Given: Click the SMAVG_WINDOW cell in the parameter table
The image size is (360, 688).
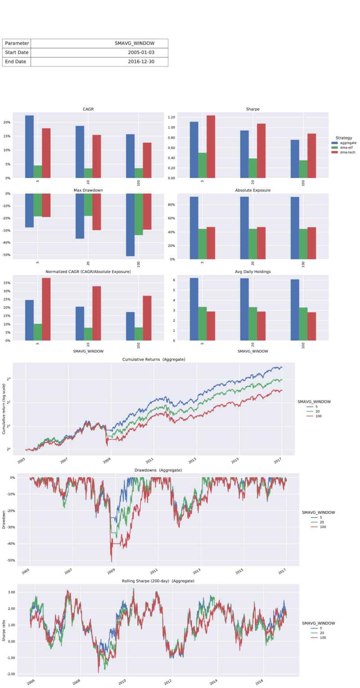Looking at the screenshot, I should coord(135,43).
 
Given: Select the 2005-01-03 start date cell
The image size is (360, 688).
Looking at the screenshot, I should coord(141,53).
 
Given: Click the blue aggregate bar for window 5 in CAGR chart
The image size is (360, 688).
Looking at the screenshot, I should coord(29,147).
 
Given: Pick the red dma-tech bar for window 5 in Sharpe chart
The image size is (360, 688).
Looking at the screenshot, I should coord(211,147).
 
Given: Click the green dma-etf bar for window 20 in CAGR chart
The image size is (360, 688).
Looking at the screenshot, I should coord(88,173).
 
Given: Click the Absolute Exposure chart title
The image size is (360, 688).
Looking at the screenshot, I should coord(252,190).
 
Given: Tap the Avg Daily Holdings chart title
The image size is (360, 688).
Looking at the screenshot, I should coord(252,272).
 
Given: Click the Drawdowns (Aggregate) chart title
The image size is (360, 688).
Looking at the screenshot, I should coord(158,470).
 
